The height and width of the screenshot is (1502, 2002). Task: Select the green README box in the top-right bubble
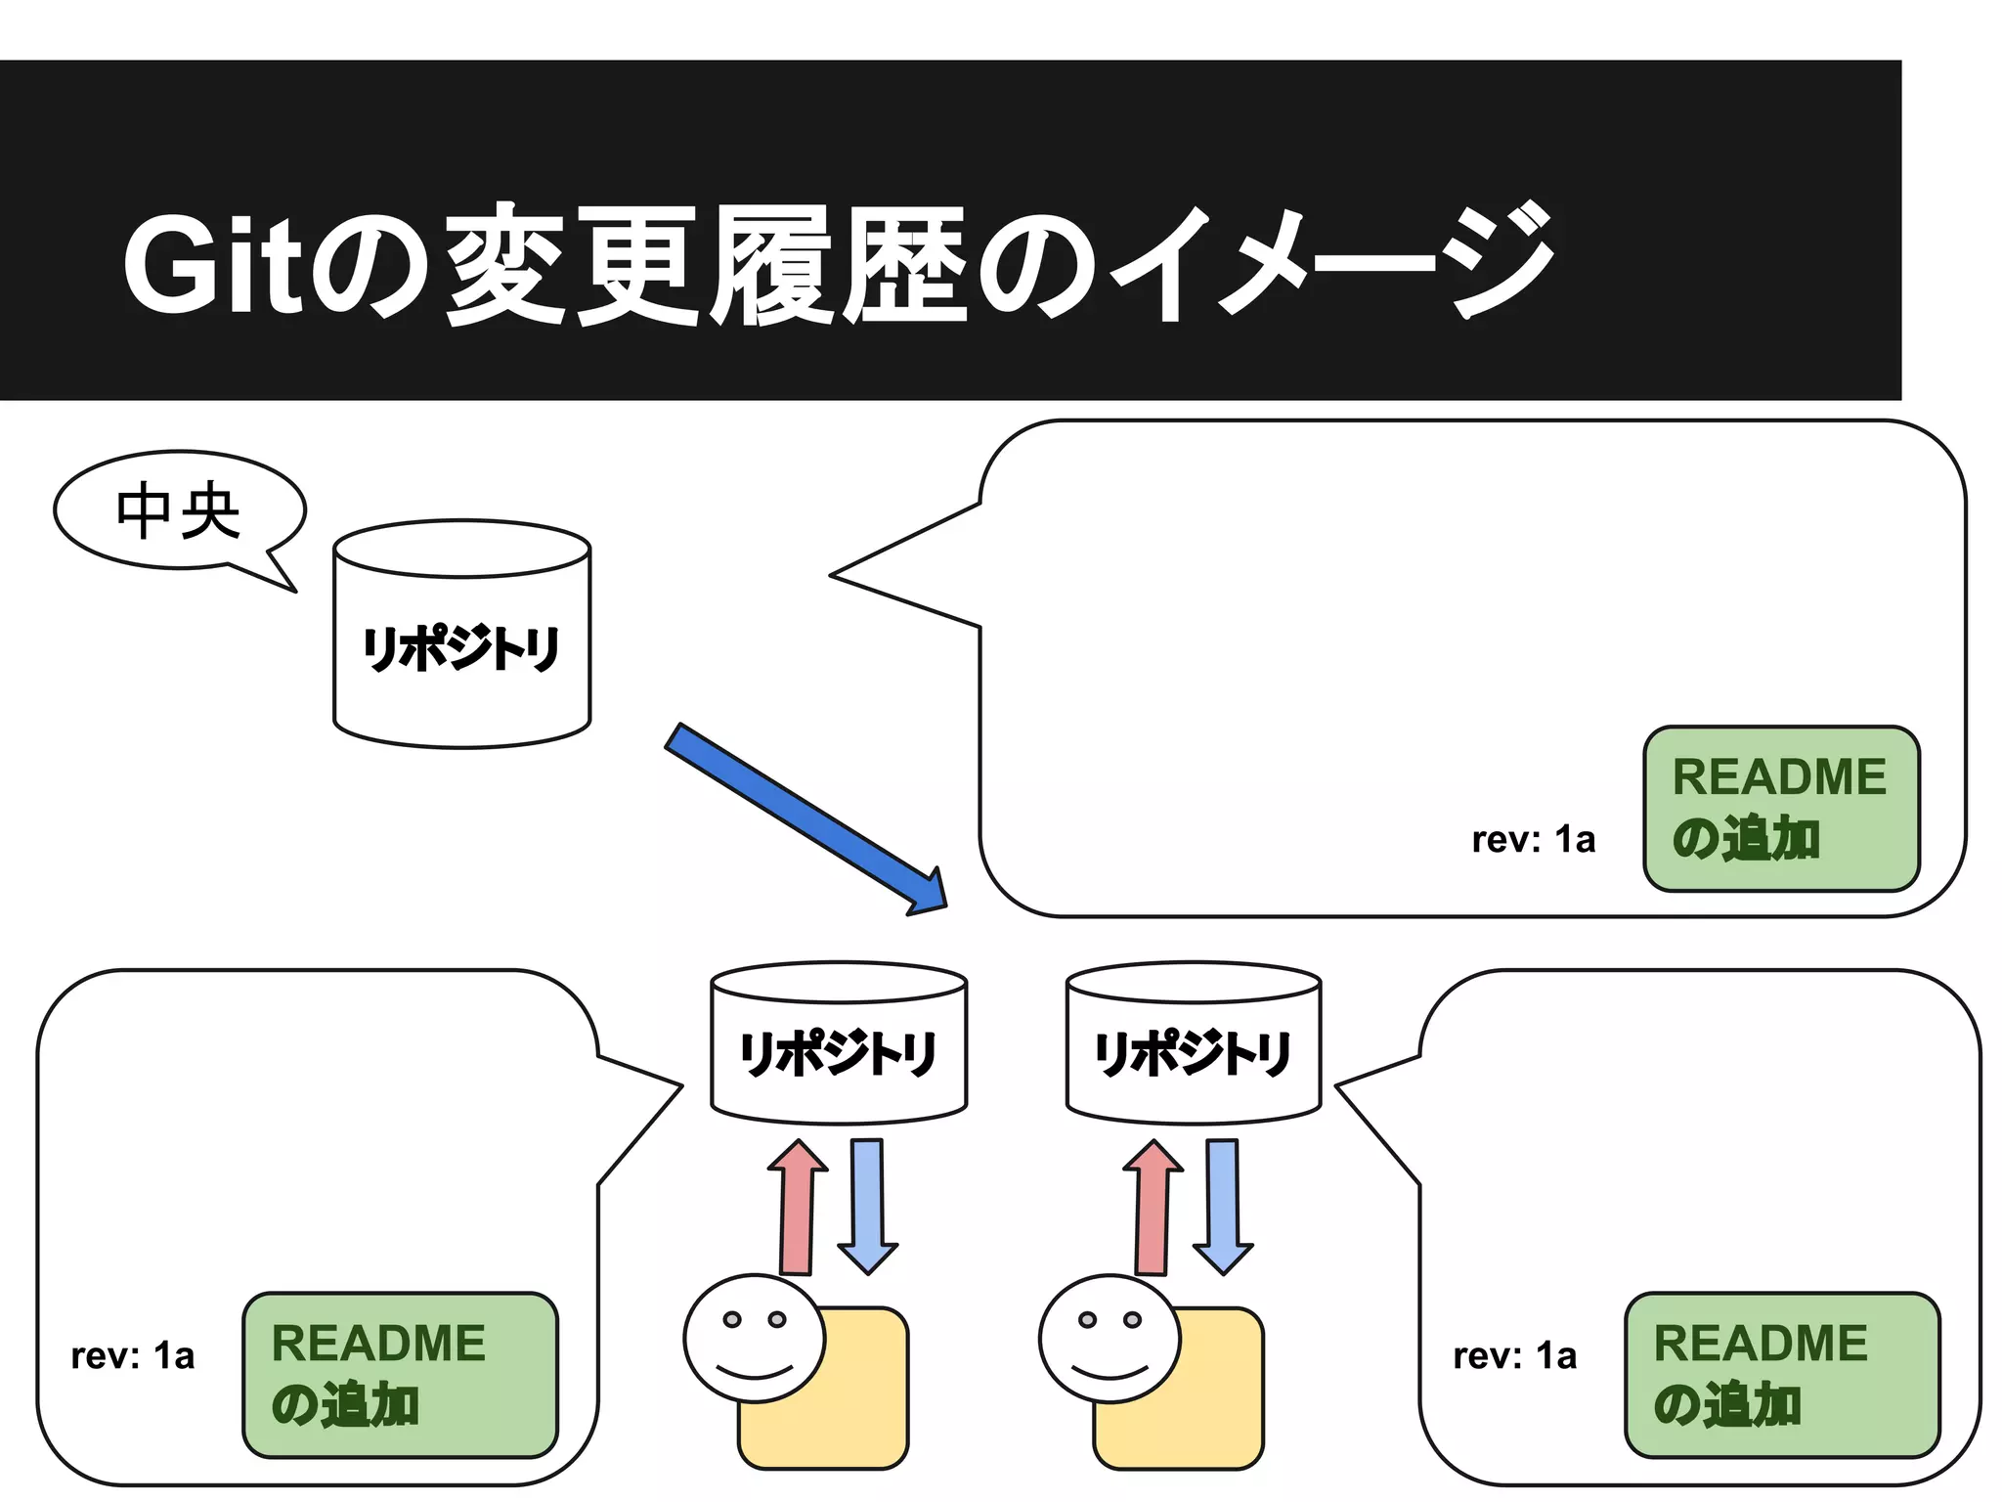click(x=1781, y=809)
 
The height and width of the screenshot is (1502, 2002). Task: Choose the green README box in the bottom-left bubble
click(x=400, y=1375)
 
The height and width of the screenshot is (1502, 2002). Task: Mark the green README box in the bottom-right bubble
click(x=1781, y=1375)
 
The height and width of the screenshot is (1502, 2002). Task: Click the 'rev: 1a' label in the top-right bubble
click(x=1533, y=840)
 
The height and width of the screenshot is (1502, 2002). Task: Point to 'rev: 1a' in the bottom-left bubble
click(x=133, y=1356)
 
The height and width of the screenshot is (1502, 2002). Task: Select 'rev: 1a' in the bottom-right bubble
click(x=1514, y=1356)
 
